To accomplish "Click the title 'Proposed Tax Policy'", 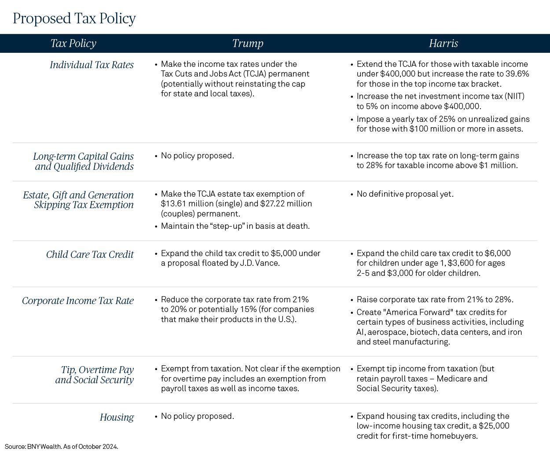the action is (x=74, y=19).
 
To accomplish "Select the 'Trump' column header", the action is (x=248, y=43).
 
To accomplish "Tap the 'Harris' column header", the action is (x=444, y=43).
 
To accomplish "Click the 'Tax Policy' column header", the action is (x=73, y=44).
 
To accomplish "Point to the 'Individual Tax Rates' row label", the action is (x=92, y=65).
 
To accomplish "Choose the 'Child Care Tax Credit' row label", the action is (x=90, y=254).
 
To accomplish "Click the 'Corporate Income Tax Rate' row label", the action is (x=78, y=301).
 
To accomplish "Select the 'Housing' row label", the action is (x=117, y=417).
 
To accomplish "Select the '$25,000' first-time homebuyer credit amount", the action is (x=494, y=426).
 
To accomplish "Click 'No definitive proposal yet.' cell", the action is (x=405, y=194).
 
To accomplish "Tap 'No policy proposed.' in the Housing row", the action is (x=197, y=416).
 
